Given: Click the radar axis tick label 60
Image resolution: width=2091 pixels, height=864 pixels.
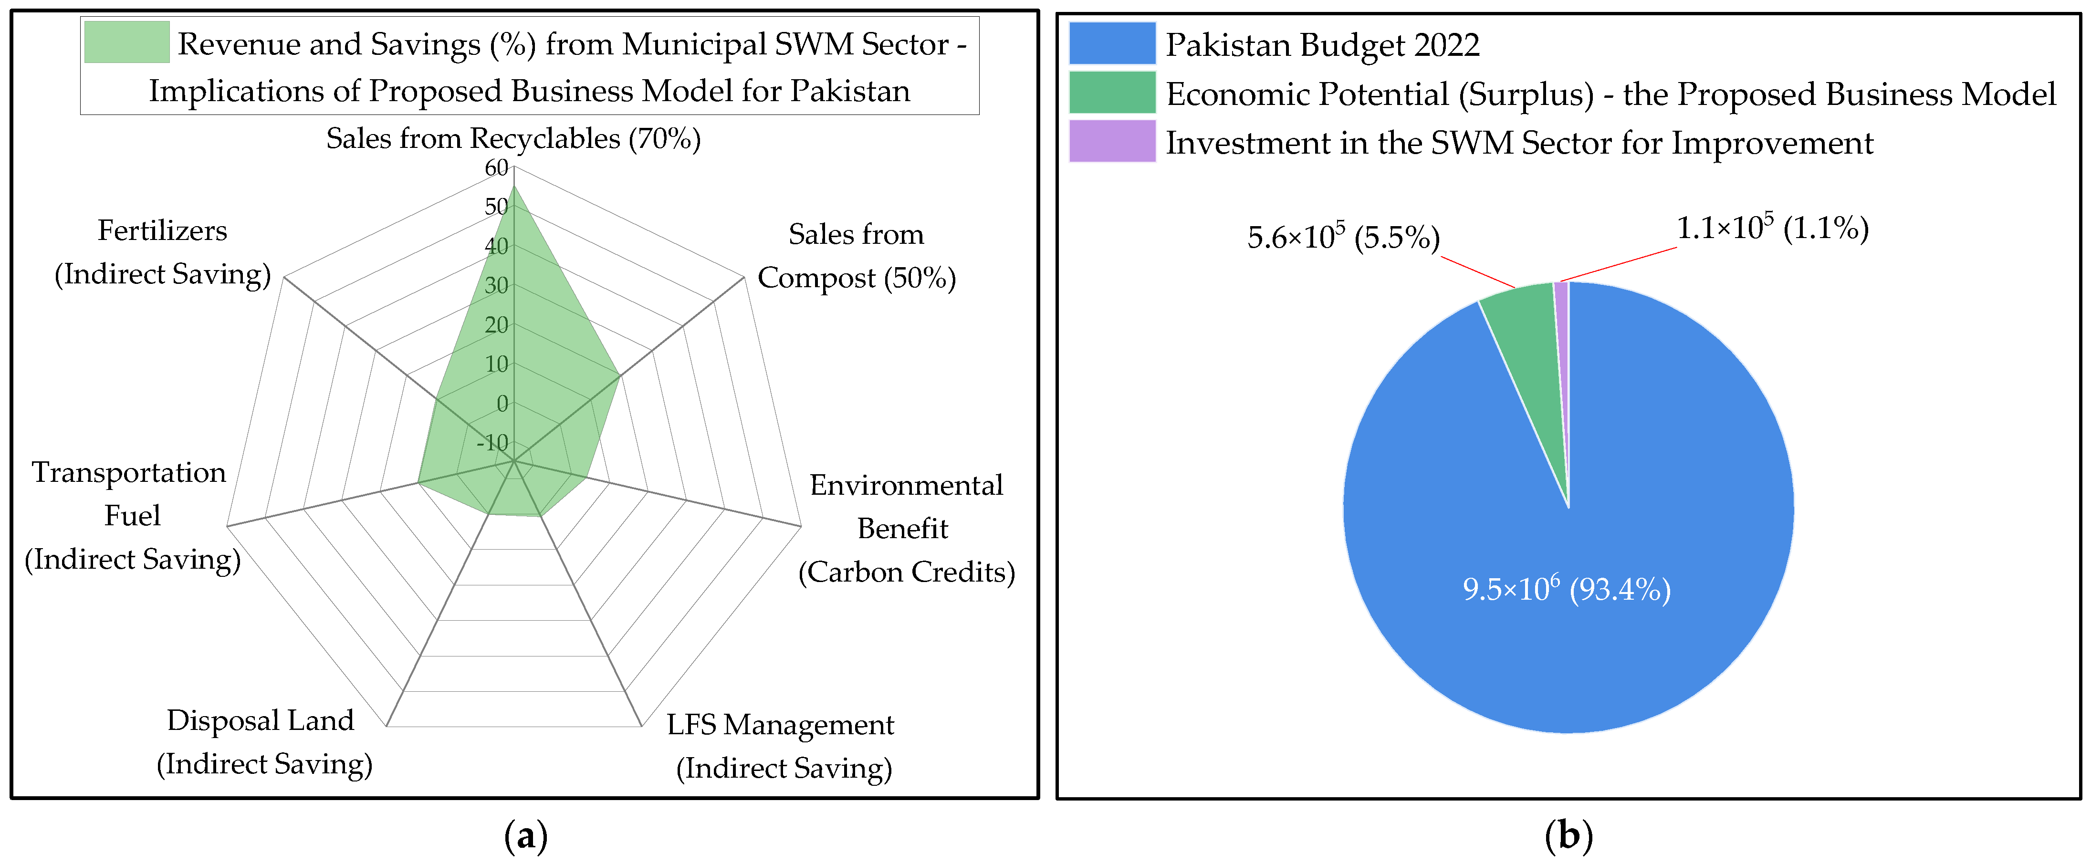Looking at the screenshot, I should pyautogui.click(x=496, y=168).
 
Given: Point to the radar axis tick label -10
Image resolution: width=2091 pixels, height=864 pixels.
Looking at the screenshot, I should pyautogui.click(x=492, y=443).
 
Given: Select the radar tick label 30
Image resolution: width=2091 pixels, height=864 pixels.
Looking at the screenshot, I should pyautogui.click(x=496, y=286).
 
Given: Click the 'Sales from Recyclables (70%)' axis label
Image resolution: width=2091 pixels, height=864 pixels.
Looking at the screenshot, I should pyautogui.click(x=513, y=139).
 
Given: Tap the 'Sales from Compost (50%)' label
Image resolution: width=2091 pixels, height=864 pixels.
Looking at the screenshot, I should pyautogui.click(x=857, y=256).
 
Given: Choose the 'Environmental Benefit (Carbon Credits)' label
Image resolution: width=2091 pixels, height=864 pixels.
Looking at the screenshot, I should pyautogui.click(x=906, y=528).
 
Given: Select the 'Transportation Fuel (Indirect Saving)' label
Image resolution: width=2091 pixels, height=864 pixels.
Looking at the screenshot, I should pyautogui.click(x=132, y=516).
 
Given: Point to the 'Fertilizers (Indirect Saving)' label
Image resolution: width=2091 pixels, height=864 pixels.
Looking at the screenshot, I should pyautogui.click(x=162, y=252).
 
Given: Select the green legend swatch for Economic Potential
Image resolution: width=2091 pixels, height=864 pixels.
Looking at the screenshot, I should pyautogui.click(x=1111, y=93).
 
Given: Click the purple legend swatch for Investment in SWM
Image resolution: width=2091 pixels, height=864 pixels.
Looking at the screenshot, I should pyautogui.click(x=1111, y=141).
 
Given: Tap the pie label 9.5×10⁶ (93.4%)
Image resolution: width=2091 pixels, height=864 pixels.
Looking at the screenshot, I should pyautogui.click(x=1566, y=589).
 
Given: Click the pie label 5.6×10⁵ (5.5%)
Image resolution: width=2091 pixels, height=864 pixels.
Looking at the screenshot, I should pyautogui.click(x=1343, y=237).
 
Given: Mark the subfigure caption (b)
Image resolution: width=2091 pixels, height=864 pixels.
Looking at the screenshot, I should pyautogui.click(x=1568, y=835).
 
